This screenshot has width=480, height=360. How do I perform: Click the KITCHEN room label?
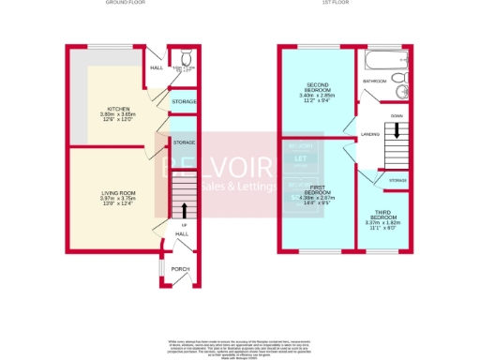coord(119,109)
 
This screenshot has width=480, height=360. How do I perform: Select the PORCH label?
coord(179,269)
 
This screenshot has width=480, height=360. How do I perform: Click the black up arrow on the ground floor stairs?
coord(184,209)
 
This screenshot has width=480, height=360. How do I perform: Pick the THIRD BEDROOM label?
coord(385,215)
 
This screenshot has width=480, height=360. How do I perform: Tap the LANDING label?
coord(369,135)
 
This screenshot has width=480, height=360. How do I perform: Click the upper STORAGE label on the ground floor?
coord(184,99)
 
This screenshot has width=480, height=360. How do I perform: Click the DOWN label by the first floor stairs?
coord(397,115)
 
